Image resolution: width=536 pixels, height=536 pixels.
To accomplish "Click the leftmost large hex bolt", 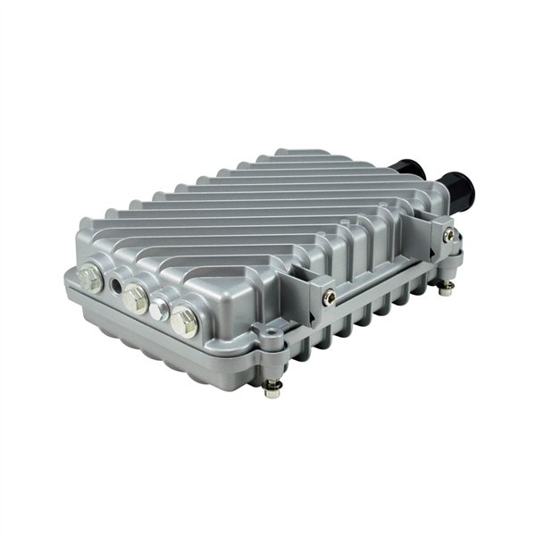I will (91, 278).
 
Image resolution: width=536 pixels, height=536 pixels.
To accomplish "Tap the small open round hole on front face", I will (118, 286).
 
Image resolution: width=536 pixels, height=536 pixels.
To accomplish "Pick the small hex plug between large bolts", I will (160, 309).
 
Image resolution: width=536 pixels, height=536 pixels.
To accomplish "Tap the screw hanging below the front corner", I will (273, 386).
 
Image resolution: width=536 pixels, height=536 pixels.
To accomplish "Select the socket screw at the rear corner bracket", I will (448, 235).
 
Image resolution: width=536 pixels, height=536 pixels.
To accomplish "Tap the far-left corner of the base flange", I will (68, 280).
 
